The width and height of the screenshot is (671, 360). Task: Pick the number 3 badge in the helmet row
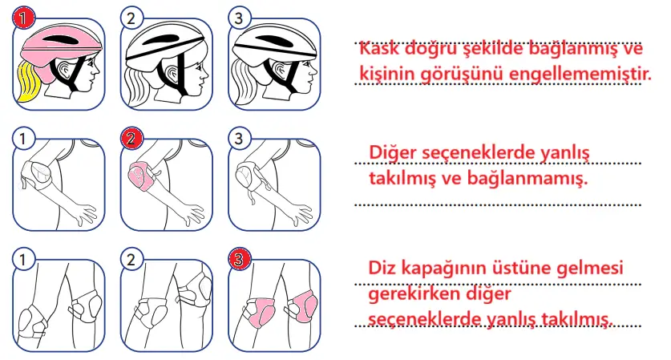pyautogui.click(x=238, y=17)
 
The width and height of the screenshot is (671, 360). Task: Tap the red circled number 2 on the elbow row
pyautogui.click(x=131, y=138)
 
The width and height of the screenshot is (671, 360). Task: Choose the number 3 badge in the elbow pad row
pyautogui.click(x=238, y=138)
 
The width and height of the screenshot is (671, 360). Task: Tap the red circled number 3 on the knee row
pyautogui.click(x=238, y=259)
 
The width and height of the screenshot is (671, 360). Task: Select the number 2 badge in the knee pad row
pyautogui.click(x=131, y=259)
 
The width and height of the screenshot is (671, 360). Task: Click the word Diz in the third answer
pyautogui.click(x=382, y=268)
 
